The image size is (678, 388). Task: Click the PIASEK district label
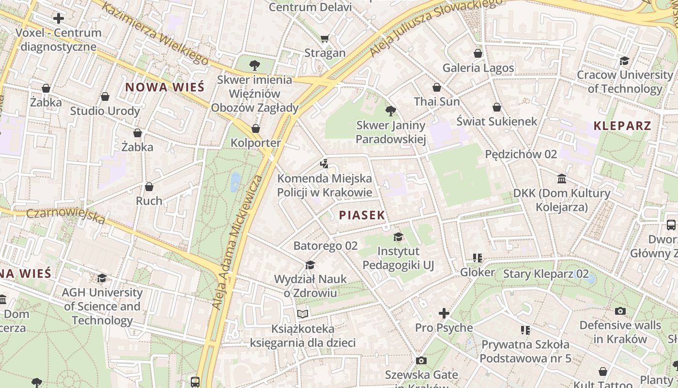[x=362, y=215]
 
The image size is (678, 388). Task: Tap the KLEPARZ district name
[x=622, y=126]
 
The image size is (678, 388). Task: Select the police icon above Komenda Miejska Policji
[x=324, y=164]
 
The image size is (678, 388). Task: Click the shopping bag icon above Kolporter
[x=256, y=129]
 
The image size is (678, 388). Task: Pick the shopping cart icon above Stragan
[x=324, y=38]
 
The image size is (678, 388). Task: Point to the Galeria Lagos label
[x=478, y=68]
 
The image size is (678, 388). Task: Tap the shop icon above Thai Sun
[x=437, y=87]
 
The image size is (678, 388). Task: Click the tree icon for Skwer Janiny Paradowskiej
[x=390, y=111]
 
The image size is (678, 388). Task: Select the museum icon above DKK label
[x=562, y=179]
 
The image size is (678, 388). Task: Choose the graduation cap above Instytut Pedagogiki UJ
[x=398, y=237]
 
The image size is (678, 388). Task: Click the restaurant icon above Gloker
[x=478, y=258]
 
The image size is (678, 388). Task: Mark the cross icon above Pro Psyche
[x=444, y=313]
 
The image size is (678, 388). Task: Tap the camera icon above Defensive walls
[x=620, y=311]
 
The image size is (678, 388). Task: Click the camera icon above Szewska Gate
[x=421, y=360]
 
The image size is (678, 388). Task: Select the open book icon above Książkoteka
[x=303, y=314]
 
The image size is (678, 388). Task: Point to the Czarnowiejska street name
[x=65, y=216]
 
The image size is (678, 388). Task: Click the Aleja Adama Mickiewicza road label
[x=237, y=242]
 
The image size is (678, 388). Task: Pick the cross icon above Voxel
[x=59, y=19]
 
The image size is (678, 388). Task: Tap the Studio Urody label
[x=105, y=111]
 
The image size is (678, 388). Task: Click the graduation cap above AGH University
[x=102, y=278]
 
